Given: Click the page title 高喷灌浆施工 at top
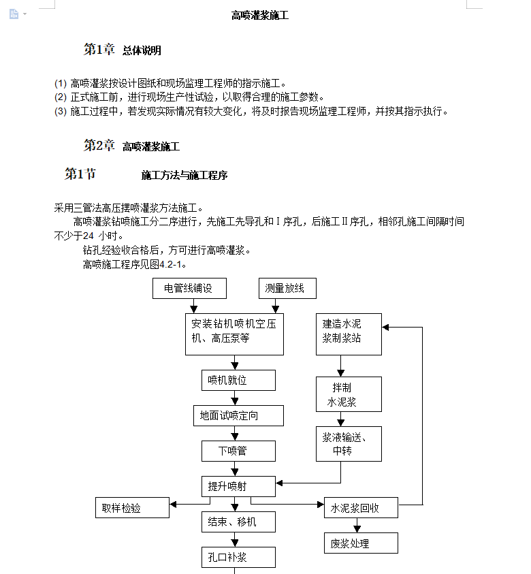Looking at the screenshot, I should (260, 15).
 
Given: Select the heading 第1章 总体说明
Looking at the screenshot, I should (123, 50).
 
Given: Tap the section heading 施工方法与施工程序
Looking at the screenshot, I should (184, 175).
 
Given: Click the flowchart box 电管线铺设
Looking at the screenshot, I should (189, 288).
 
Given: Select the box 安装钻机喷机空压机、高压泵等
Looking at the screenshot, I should (234, 334).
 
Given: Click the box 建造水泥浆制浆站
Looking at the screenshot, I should (349, 334).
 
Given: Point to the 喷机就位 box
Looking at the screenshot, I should (238, 380).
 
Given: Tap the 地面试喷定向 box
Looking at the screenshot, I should (238, 415).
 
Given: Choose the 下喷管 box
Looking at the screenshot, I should (238, 451).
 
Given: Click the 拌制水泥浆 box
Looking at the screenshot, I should (349, 394).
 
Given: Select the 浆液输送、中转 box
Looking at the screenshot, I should (349, 444).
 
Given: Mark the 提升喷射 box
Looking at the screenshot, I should (238, 486).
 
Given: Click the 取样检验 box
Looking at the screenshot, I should (132, 507).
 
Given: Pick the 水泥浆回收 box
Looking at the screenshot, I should (361, 507).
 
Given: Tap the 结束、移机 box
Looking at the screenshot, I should (238, 522).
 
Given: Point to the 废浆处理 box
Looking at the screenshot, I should (361, 543).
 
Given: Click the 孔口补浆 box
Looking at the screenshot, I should (238, 557).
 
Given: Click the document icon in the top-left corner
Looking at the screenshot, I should (14, 14).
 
